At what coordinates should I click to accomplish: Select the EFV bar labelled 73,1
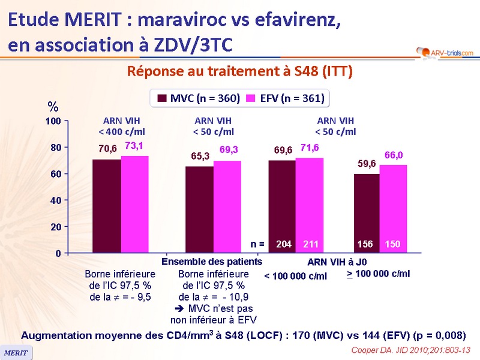(135, 204)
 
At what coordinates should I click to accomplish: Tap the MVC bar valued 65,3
(199, 209)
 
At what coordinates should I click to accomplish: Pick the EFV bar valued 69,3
(227, 206)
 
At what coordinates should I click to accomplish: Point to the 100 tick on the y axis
(53, 121)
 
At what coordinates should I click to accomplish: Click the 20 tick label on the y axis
(56, 227)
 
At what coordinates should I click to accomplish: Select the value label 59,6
(367, 163)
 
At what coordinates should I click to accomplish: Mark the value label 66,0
(394, 155)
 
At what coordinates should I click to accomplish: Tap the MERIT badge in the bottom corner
(16, 353)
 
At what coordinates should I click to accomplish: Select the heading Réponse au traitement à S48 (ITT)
(239, 71)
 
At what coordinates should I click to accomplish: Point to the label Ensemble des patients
(212, 262)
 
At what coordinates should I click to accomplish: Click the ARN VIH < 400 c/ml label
(122, 126)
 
